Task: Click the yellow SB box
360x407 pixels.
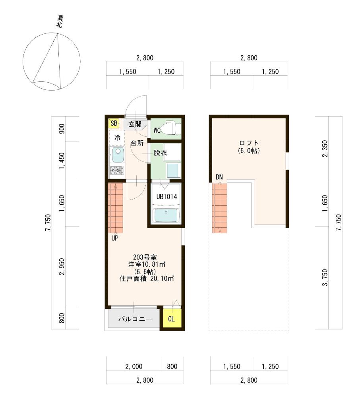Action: tap(114, 123)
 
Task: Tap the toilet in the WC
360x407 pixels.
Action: tap(170, 128)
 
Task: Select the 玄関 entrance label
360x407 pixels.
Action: tap(135, 124)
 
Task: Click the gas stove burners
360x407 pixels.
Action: tap(117, 170)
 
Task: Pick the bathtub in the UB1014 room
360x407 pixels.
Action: tap(166, 215)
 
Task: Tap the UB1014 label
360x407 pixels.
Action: tap(166, 197)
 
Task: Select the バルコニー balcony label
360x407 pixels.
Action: tap(135, 319)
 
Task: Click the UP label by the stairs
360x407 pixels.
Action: tap(115, 238)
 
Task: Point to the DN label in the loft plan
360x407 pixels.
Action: tap(219, 177)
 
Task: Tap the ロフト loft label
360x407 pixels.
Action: tap(249, 143)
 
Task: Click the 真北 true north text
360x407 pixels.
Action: tap(60, 21)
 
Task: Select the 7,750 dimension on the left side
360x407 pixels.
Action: tap(48, 223)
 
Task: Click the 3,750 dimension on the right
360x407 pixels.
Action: tap(325, 278)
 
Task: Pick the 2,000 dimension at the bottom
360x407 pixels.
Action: tap(134, 366)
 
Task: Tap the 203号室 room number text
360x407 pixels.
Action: tap(145, 257)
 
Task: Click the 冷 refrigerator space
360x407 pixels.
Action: tap(117, 138)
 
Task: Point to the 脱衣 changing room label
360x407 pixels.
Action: tap(160, 153)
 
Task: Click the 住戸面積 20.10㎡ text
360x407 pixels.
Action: tap(147, 279)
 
